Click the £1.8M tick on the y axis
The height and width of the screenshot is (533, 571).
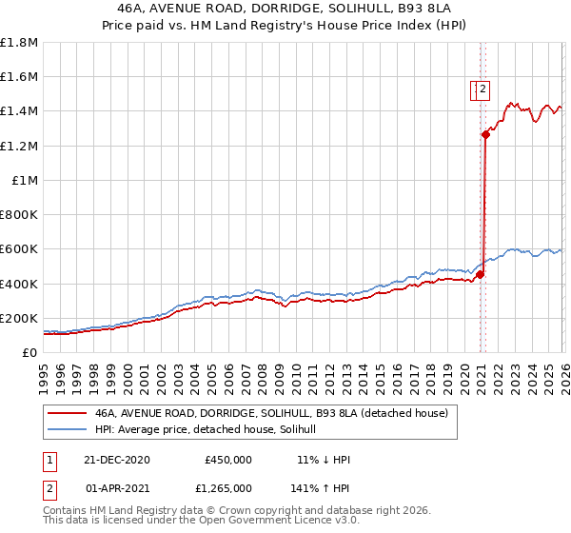pyautogui.click(x=19, y=43)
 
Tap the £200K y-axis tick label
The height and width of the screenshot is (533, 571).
pyautogui.click(x=19, y=318)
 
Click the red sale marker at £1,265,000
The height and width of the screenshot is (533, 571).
pyautogui.click(x=485, y=135)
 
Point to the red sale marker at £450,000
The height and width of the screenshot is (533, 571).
pyautogui.click(x=481, y=275)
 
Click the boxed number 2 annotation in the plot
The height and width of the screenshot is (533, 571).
pyautogui.click(x=482, y=90)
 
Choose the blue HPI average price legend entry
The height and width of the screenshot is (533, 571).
pyautogui.click(x=211, y=430)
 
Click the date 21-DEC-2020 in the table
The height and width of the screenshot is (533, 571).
pyautogui.click(x=117, y=460)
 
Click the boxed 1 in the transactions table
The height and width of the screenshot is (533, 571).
pyautogui.click(x=49, y=460)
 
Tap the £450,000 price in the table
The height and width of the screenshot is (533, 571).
pyautogui.click(x=227, y=460)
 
